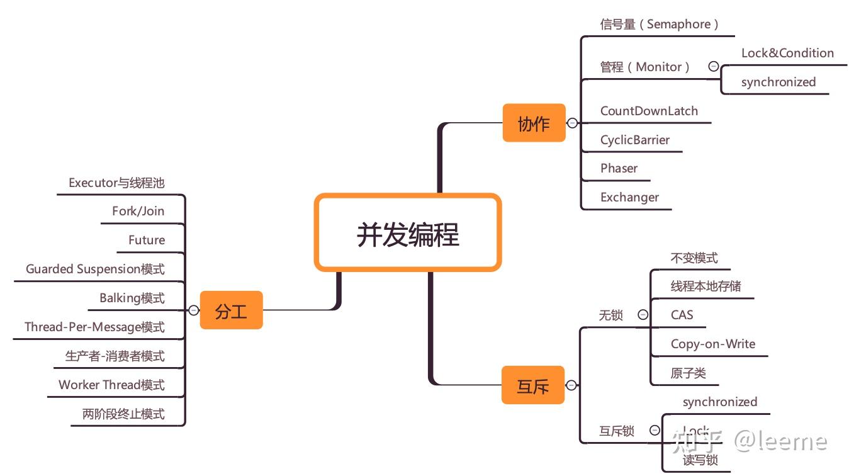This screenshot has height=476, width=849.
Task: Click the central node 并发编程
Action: (408, 234)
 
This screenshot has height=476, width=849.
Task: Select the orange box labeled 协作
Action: (534, 123)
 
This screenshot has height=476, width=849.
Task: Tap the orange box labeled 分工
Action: (231, 310)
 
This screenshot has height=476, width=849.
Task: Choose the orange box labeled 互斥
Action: (533, 385)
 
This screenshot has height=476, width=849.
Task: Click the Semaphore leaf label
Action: (659, 25)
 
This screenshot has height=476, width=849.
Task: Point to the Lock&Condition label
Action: (787, 54)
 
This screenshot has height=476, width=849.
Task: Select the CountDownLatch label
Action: (649, 111)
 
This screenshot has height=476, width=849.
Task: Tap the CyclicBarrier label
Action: (634, 140)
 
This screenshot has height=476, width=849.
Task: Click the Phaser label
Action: (619, 168)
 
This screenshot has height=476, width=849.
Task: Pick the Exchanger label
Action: (629, 197)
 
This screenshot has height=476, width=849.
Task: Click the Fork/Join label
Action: (138, 211)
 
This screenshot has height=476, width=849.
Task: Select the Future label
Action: (147, 240)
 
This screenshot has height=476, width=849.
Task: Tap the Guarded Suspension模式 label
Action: (95, 269)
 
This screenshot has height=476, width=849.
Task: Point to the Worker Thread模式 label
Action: (111, 385)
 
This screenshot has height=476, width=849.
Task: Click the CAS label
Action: (682, 315)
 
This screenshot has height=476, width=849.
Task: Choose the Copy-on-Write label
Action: (712, 344)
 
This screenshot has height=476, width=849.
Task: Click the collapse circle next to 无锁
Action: (643, 315)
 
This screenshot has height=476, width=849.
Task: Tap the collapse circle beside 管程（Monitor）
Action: (713, 66)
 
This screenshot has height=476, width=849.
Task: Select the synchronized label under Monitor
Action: (778, 82)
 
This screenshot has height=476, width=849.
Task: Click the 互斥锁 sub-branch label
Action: (616, 431)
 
